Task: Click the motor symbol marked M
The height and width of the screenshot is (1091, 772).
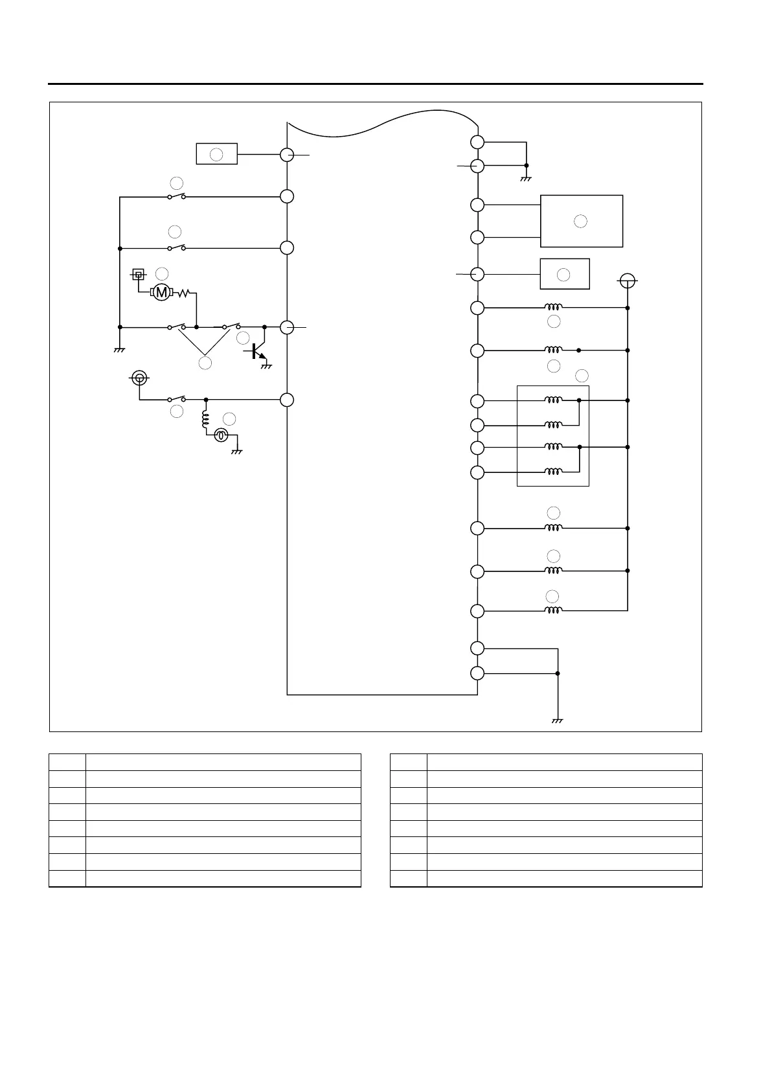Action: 162,293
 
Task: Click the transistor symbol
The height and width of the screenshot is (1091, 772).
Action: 256,351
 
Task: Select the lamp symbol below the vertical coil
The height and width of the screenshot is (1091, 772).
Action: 221,436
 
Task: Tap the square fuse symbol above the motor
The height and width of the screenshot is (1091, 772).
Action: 138,275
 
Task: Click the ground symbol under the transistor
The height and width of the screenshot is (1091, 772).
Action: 265,367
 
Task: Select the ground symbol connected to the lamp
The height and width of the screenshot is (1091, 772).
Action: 236,451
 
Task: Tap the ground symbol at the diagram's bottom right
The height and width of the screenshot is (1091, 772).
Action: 557,720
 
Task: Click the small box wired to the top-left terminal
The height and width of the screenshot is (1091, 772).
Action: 217,154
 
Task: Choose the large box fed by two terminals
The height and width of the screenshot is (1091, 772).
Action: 582,221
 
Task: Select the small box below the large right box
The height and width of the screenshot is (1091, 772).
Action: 565,274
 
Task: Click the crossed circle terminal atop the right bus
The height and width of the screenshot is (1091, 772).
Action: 627,281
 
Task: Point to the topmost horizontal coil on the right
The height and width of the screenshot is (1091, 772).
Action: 552,308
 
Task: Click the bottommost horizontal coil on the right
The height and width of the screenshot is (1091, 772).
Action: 552,610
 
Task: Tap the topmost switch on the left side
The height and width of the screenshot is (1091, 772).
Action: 176,196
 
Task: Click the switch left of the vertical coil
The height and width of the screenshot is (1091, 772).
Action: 176,399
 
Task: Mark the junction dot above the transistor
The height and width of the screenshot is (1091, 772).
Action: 264,327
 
